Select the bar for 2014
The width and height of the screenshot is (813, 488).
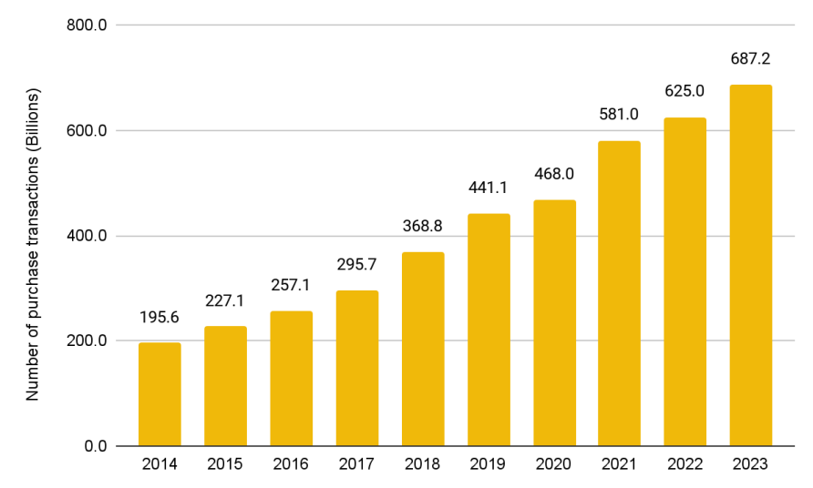(160, 394)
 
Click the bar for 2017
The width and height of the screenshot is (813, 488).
(356, 368)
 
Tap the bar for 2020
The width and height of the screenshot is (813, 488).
(554, 323)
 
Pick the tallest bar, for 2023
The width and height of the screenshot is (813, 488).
(751, 265)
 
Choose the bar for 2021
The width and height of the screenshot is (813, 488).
(620, 293)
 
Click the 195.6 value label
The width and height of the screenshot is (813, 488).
(160, 318)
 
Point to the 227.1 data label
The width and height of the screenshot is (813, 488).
(225, 301)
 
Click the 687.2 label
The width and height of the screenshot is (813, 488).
(751, 59)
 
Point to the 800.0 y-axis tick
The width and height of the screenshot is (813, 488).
(87, 25)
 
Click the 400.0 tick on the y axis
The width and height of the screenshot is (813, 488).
(87, 236)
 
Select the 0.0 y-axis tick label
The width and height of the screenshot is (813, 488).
(96, 446)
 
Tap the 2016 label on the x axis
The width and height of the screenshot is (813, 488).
(291, 464)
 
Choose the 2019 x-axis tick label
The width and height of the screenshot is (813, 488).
(489, 464)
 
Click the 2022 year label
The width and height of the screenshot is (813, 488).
(685, 464)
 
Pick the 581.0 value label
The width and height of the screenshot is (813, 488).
(620, 116)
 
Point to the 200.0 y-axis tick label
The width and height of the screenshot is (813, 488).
(87, 341)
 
